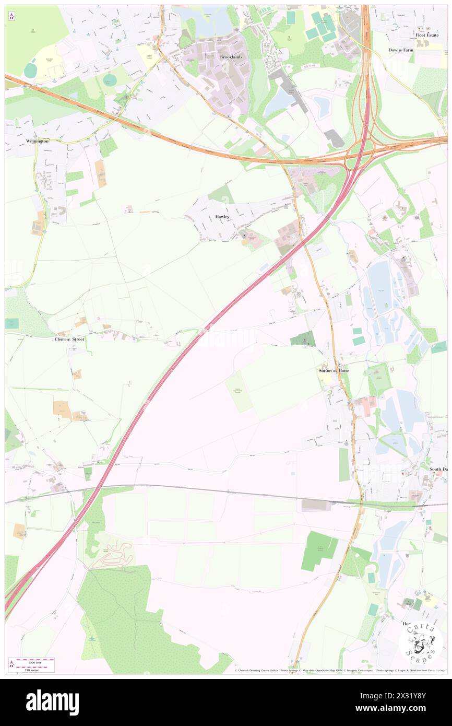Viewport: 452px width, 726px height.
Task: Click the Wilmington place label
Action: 37,141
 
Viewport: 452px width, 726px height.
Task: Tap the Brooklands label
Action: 231,56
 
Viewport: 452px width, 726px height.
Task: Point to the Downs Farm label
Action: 401,50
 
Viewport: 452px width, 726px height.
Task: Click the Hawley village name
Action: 222,216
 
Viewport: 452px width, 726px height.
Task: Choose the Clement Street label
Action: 69,339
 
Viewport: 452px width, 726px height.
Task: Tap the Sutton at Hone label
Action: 334,370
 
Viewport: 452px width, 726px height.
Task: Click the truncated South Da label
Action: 438,469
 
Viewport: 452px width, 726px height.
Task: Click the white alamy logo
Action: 52,701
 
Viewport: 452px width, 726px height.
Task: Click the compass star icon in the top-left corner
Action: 11,16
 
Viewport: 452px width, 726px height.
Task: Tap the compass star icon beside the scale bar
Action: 11,664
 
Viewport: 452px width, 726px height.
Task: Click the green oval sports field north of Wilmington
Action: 110,80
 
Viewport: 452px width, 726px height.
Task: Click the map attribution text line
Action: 339,670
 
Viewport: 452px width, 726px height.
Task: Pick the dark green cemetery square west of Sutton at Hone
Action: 303,339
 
